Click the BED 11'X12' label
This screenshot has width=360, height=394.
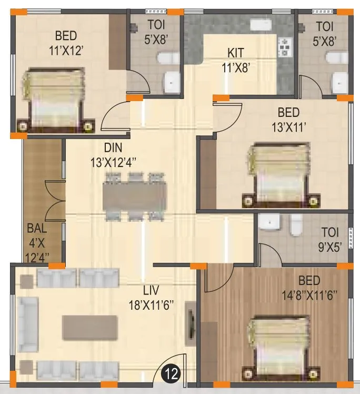coord(67,43)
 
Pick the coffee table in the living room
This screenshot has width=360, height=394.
coord(89,327)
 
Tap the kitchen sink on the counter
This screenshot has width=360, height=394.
coord(259,25)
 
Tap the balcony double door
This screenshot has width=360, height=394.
coord(55,200)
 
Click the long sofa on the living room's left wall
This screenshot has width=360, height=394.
coord(27,327)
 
